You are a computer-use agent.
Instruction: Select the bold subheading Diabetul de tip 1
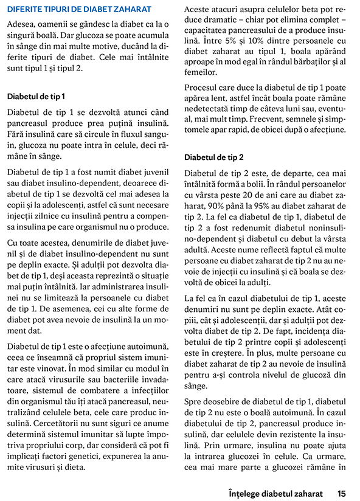click(36, 96)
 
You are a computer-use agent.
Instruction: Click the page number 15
click(342, 492)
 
